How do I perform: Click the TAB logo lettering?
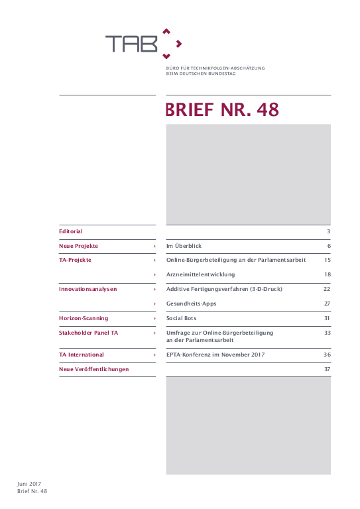(x=131, y=44)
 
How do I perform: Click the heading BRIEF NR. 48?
(x=222, y=110)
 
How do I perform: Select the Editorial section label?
(x=71, y=231)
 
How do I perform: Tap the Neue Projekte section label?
(x=78, y=246)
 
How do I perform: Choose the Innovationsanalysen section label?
(x=88, y=289)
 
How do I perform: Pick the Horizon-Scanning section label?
(x=84, y=318)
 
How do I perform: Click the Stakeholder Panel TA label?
(x=89, y=333)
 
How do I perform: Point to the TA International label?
(x=82, y=355)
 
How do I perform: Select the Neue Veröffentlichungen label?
(x=94, y=368)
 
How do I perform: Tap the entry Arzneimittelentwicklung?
(x=200, y=274)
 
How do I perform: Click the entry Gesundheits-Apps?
(x=191, y=304)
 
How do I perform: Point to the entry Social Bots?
(x=181, y=318)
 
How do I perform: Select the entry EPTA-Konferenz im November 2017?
(x=215, y=355)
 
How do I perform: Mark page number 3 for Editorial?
(x=328, y=231)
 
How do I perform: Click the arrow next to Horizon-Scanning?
(x=154, y=318)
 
